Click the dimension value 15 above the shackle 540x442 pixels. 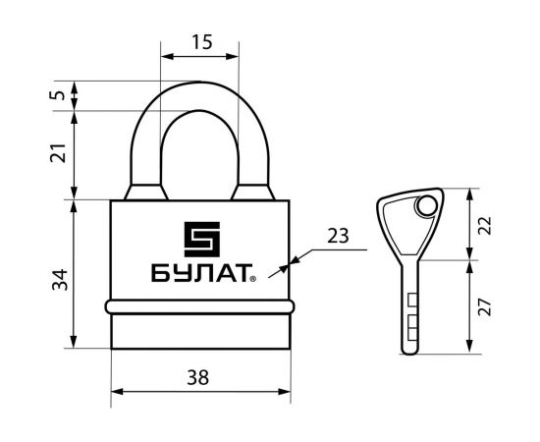point(200,43)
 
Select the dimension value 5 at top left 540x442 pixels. point(58,95)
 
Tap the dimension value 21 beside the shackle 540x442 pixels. point(58,153)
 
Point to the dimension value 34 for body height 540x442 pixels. point(58,279)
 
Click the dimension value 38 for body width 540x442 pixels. point(200,377)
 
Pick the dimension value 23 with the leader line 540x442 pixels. point(338,236)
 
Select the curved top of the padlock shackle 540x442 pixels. point(200,93)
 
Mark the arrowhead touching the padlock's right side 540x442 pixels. point(288,262)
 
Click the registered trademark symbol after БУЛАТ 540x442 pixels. point(252,278)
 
